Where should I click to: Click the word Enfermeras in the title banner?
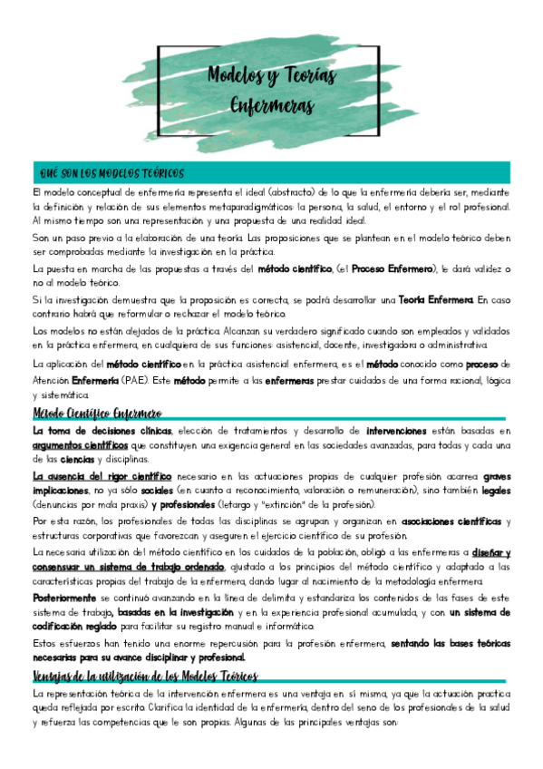[x=271, y=104]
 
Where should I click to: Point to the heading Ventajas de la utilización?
[x=145, y=677]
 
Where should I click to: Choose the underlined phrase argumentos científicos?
[x=80, y=445]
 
